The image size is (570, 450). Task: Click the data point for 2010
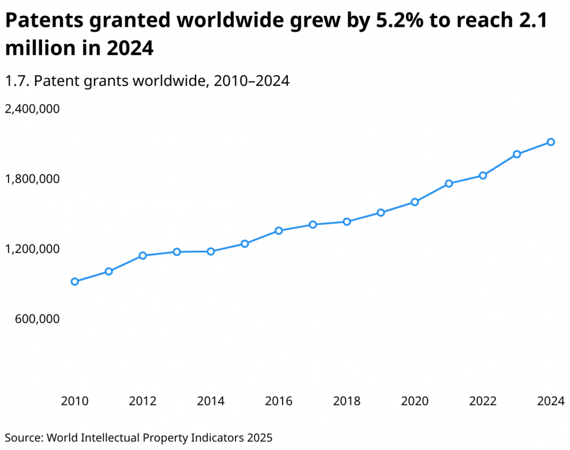pos(75,281)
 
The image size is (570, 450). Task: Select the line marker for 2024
pos(551,142)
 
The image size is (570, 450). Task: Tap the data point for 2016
pos(279,231)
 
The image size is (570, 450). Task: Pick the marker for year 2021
pos(449,183)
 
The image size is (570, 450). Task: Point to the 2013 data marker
pos(177,252)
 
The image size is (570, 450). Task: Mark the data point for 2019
pos(381,212)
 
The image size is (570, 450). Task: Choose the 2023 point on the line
pos(517,154)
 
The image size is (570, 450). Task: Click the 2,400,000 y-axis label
pos(32,109)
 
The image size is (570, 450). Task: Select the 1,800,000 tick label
pos(32,179)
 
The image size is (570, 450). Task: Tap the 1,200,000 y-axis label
pos(32,249)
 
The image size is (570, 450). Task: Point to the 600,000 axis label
pos(36,319)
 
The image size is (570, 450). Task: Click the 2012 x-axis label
pos(142,402)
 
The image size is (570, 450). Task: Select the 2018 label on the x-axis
pos(347,402)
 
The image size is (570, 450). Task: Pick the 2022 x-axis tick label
pos(483,402)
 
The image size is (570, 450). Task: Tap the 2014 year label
pos(210,402)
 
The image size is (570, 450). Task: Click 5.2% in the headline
pos(386,21)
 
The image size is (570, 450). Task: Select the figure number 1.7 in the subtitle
pos(15,81)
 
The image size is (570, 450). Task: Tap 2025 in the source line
pos(260,438)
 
